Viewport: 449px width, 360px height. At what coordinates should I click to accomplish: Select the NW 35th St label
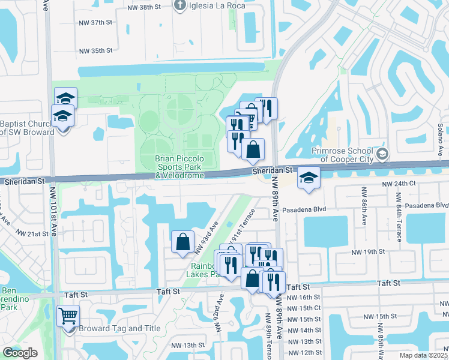(98, 51)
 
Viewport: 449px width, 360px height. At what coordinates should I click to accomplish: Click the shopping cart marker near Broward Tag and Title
(68, 315)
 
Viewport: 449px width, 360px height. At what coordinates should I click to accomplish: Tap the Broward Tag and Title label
(111, 328)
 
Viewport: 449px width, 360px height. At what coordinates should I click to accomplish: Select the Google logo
(20, 353)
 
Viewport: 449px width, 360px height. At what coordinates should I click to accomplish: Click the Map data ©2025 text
(424, 355)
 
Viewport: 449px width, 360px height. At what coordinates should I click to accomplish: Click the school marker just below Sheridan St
(309, 178)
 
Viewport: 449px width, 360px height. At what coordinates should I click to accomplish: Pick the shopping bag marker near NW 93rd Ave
(182, 242)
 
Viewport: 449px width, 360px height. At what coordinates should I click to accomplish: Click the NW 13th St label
(188, 345)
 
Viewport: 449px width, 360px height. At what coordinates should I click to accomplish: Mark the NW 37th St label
(98, 22)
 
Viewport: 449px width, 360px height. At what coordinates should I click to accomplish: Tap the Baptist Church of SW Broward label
(27, 128)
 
